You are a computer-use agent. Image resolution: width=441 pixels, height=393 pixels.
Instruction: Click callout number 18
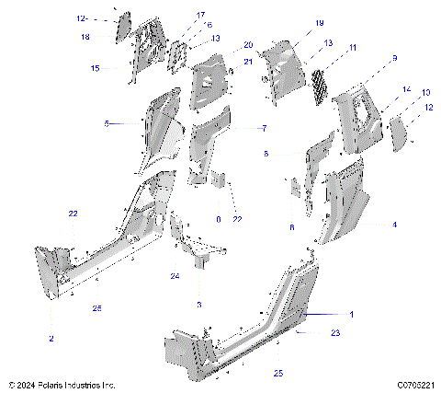(85, 37)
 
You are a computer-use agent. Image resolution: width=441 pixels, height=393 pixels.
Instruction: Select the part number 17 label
(200, 16)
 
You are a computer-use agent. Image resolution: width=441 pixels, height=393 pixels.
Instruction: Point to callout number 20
(248, 45)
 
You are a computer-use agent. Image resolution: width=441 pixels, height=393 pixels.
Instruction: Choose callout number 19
(293, 22)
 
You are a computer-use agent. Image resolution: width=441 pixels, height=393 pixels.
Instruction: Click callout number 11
(352, 47)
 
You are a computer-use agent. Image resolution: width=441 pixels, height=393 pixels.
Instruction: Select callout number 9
(393, 59)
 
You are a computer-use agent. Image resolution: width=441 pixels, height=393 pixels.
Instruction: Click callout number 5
(107, 123)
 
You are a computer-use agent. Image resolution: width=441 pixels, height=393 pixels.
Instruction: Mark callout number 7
(265, 128)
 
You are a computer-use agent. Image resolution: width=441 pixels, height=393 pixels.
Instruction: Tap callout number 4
(395, 224)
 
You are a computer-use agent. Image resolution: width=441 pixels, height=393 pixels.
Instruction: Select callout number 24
(174, 276)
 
